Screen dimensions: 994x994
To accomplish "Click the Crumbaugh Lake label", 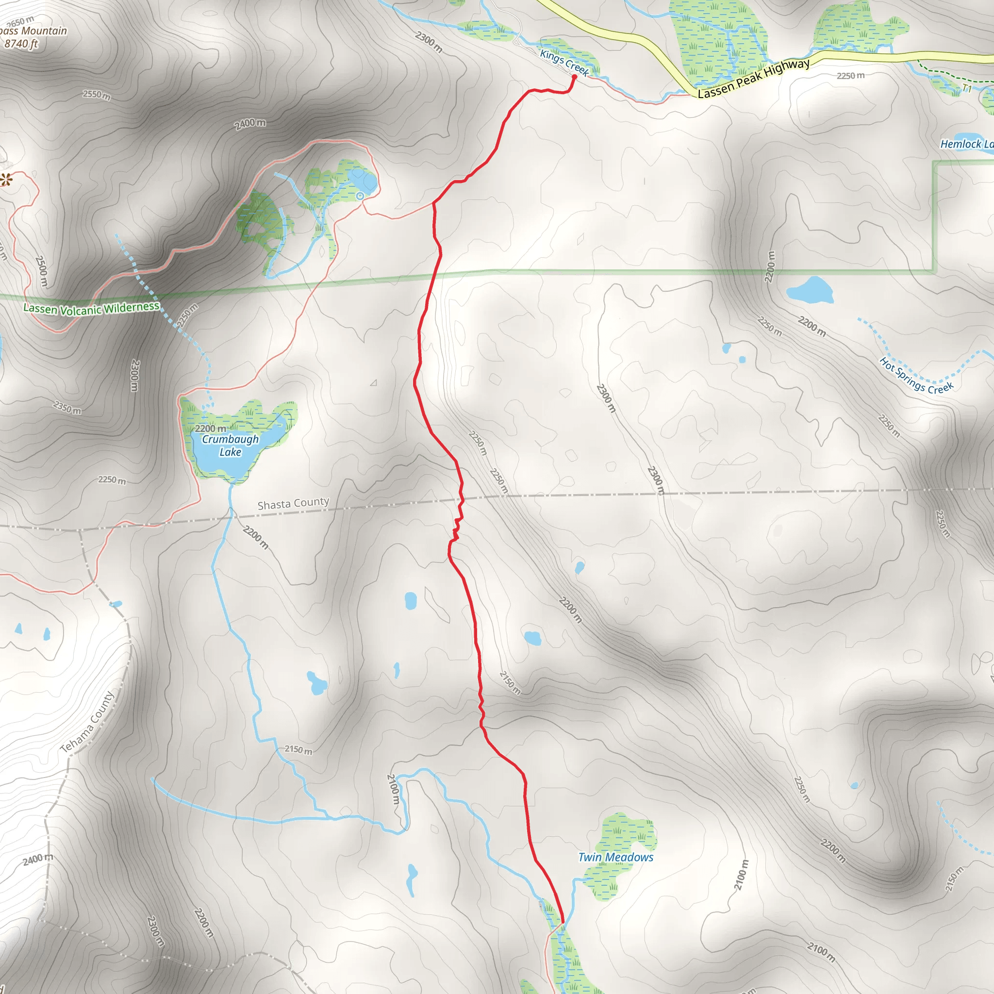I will tap(230, 446).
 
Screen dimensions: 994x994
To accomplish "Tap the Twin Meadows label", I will tap(615, 857).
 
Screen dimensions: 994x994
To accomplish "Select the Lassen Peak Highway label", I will tap(754, 79).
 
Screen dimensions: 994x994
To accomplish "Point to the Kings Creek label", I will tap(564, 62).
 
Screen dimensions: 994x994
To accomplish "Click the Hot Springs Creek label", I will tap(916, 376).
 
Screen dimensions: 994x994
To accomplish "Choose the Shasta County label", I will tap(293, 503).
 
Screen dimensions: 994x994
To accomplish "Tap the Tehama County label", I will tap(87, 722).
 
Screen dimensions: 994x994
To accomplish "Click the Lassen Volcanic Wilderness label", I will tap(92, 309).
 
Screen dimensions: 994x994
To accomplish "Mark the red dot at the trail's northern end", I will tap(574, 77).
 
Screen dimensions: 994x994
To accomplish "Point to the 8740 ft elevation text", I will tap(21, 44).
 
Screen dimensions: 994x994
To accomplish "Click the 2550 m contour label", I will tap(97, 95).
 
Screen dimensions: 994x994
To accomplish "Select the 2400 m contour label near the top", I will tap(250, 124).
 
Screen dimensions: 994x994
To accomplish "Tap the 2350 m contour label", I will tap(67, 408).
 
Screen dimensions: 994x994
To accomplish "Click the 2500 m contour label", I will tap(41, 271).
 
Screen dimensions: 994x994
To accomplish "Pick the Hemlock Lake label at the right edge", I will tap(966, 145).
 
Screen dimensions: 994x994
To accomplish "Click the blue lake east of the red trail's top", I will tap(810, 291).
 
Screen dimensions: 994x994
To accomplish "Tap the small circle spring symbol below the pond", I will tap(360, 196).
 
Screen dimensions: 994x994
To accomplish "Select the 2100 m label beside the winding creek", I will tap(393, 789).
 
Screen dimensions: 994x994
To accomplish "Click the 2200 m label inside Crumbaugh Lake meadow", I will tap(211, 429).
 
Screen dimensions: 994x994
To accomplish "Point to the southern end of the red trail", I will tap(563, 923).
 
